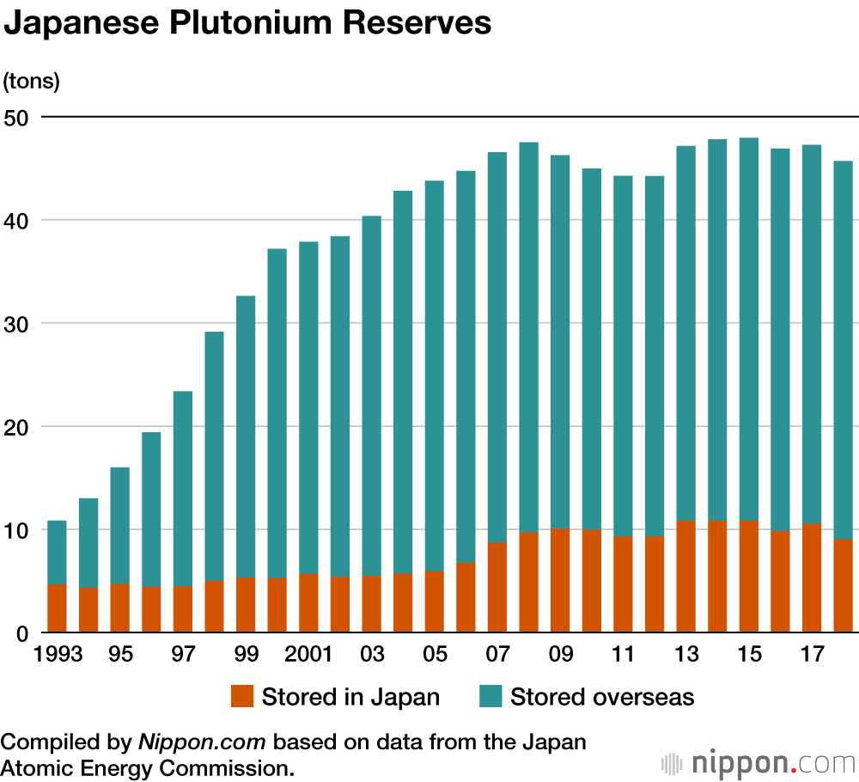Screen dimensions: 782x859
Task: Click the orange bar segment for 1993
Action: pyautogui.click(x=57, y=608)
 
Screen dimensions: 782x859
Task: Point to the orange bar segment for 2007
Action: pyautogui.click(x=497, y=588)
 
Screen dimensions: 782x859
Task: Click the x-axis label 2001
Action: pyautogui.click(x=308, y=656)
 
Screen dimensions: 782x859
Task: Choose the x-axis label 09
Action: pyautogui.click(x=560, y=656)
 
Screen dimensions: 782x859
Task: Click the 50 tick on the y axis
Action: pyautogui.click(x=18, y=117)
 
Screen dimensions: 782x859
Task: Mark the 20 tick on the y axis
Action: pyautogui.click(x=18, y=427)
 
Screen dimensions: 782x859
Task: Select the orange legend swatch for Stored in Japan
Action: pyautogui.click(x=242, y=696)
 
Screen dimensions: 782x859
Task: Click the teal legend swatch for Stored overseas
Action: pyautogui.click(x=490, y=696)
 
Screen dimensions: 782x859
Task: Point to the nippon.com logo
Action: pyautogui.click(x=759, y=762)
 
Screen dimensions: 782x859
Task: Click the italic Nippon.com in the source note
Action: pyautogui.click(x=204, y=742)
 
